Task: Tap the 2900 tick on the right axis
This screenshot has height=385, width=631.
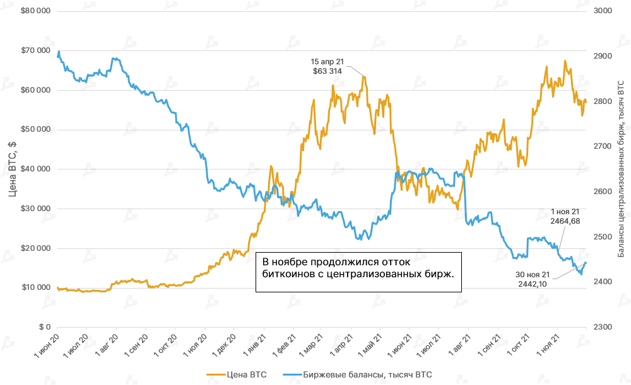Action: tap(603, 56)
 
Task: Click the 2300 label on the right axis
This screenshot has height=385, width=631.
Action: tap(603, 327)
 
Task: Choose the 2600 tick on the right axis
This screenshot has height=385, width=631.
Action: tap(603, 192)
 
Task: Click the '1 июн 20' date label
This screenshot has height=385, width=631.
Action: tap(45, 346)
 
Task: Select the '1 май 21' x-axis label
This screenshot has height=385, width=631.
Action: tap(365, 346)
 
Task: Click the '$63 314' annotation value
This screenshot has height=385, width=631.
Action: tap(327, 71)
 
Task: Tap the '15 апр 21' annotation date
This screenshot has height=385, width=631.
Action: tap(327, 62)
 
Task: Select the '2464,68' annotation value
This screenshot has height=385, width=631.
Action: tap(565, 221)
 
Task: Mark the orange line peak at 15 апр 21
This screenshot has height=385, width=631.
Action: tap(364, 77)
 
